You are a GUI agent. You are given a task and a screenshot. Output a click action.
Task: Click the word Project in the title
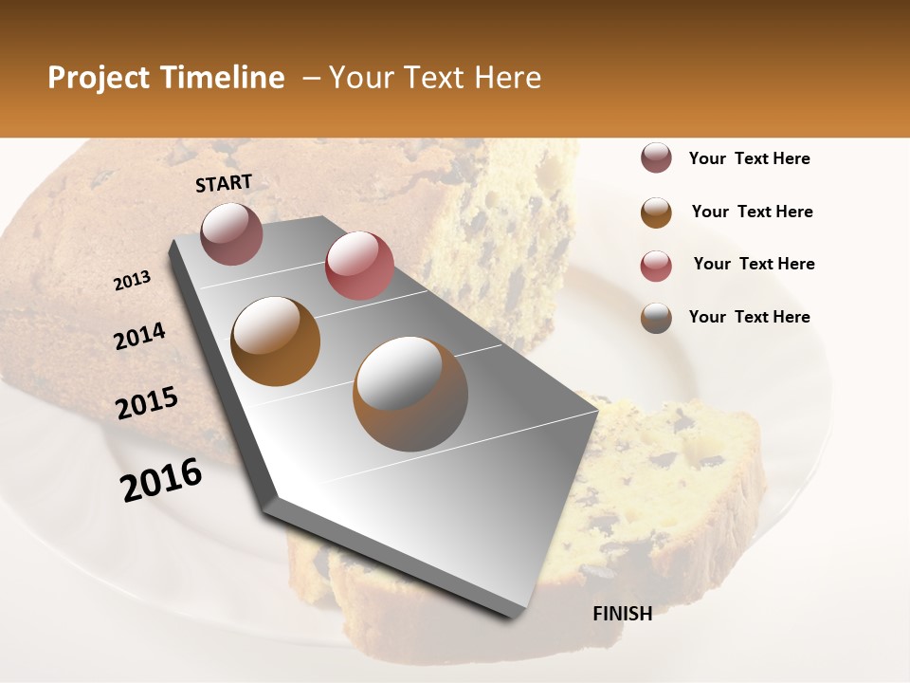(99, 78)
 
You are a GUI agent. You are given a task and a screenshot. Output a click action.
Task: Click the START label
(224, 183)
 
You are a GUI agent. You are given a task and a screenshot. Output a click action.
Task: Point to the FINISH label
(622, 614)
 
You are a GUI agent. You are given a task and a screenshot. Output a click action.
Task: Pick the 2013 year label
(132, 281)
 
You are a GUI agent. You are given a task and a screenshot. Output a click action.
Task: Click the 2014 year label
(139, 337)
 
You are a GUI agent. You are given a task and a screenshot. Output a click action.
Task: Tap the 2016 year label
(161, 480)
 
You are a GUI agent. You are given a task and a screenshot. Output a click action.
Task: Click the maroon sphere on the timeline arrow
(232, 233)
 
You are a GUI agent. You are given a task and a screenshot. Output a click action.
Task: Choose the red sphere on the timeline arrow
(359, 266)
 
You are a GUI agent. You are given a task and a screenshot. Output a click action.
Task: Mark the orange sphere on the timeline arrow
(276, 341)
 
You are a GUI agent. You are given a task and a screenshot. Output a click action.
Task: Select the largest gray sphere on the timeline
(410, 394)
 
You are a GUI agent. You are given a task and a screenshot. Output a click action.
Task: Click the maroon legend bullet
(656, 158)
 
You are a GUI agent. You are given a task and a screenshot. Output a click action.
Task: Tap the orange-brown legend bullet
(656, 212)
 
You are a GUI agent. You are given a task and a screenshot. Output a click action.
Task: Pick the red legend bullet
(656, 265)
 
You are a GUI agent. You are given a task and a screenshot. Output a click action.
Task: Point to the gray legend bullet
(656, 317)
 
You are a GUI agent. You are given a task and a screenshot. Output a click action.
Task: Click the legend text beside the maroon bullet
(749, 158)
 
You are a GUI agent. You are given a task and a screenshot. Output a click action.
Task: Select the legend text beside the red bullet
(754, 264)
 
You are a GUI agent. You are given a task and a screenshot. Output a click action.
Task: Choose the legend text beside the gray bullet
(749, 317)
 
